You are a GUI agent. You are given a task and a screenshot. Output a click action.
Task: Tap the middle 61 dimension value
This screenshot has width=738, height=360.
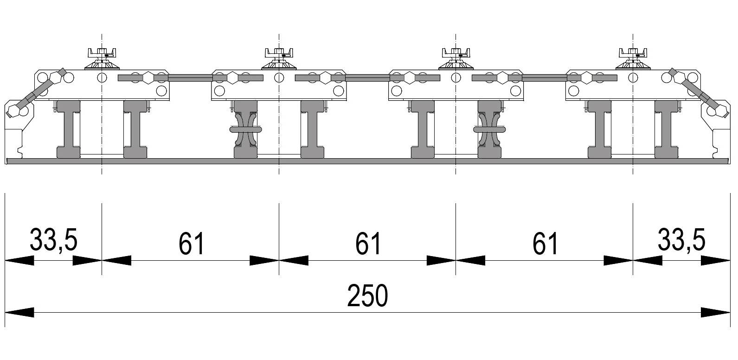tap(368, 244)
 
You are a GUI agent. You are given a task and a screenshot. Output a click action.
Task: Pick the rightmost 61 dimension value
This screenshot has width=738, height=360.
tap(545, 244)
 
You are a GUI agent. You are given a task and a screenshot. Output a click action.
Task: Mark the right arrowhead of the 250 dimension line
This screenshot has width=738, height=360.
tap(715, 312)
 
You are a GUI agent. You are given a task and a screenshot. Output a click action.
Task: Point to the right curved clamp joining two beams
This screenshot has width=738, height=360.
tap(490, 129)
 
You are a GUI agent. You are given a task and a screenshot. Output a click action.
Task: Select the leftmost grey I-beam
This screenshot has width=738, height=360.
tap(69, 129)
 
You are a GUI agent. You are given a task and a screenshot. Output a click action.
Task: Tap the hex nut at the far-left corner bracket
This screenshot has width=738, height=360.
tap(13, 111)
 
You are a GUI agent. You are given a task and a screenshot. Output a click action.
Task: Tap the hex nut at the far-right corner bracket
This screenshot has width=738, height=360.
tap(720, 111)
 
